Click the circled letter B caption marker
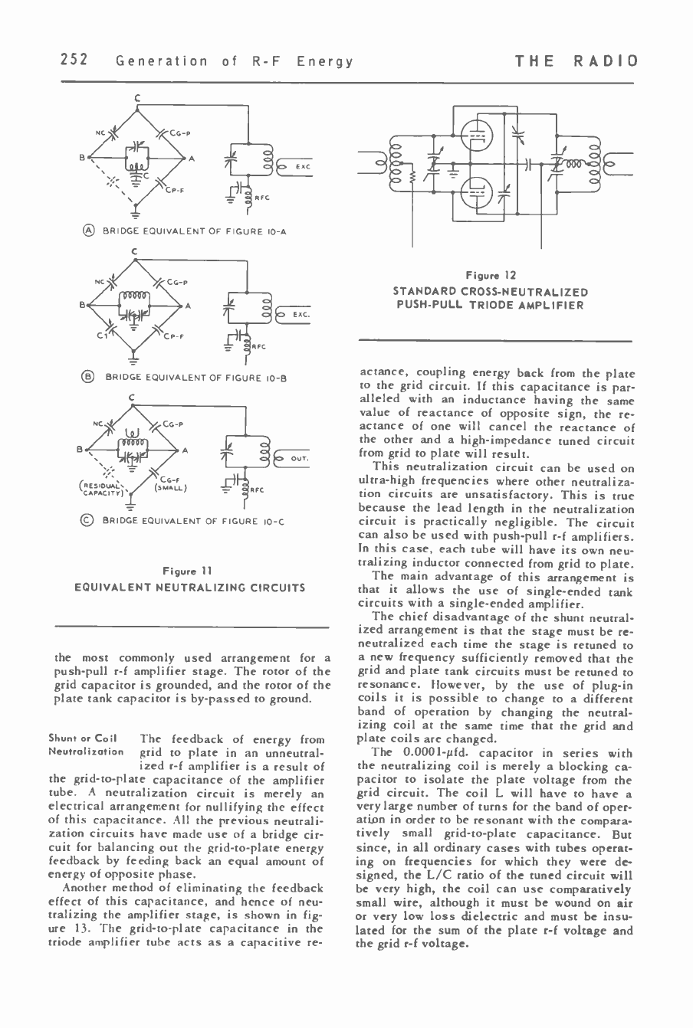coord(90,377)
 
